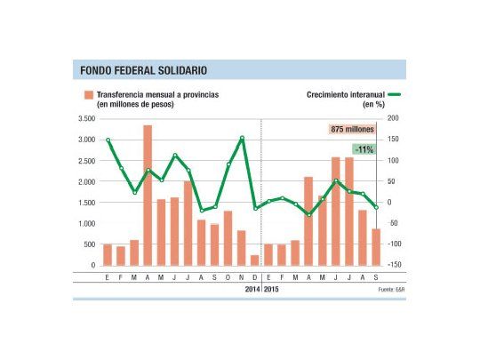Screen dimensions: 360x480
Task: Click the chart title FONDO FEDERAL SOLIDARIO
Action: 144,68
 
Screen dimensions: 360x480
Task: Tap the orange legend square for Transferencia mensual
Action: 89,94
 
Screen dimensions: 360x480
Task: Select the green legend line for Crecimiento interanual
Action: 390,94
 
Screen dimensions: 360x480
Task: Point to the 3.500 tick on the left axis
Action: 86,118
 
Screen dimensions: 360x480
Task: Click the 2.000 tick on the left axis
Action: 86,181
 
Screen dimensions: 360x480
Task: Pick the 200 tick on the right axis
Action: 394,118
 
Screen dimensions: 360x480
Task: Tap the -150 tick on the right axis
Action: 394,266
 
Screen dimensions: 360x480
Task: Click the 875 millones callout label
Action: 352,130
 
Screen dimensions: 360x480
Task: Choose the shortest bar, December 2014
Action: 255,260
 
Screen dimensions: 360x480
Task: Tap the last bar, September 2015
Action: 375,247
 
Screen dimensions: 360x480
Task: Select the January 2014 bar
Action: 108,254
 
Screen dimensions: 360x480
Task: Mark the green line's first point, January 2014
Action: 108,140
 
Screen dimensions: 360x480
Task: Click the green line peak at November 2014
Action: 242,138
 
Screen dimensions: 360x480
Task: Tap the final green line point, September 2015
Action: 375,207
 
